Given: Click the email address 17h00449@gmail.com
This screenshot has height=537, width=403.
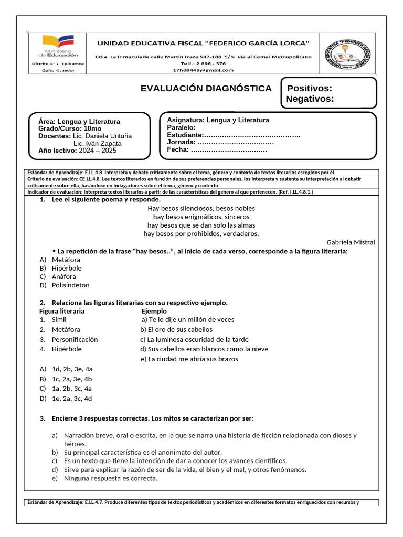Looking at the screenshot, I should click(x=203, y=70).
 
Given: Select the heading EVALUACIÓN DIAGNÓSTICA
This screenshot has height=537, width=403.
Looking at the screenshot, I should click(x=206, y=88).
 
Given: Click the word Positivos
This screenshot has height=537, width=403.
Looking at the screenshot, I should click(x=309, y=88).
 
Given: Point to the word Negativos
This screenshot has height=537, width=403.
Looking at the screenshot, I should click(x=310, y=99).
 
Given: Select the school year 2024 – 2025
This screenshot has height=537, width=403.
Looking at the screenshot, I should click(x=98, y=151).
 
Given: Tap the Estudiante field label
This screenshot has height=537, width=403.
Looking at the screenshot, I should click(x=185, y=135).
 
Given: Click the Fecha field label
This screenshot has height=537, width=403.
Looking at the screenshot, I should click(x=177, y=149).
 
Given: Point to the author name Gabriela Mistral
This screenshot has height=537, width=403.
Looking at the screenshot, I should click(x=351, y=242).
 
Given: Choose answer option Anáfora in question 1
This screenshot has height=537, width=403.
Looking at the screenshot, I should click(x=63, y=276).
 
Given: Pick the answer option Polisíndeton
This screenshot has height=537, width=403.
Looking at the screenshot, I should click(x=70, y=285).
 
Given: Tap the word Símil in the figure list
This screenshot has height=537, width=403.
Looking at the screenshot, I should click(x=59, y=319).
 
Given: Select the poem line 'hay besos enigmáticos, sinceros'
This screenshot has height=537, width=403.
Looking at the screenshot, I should click(x=201, y=217).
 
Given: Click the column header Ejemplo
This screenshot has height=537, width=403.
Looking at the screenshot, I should click(x=154, y=311).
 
